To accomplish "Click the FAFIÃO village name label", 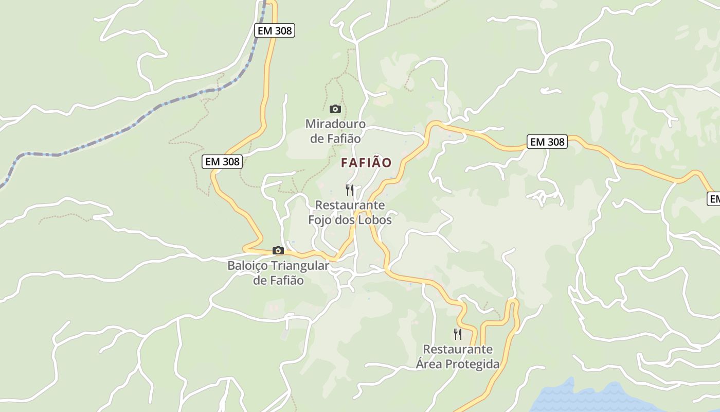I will click(366, 163).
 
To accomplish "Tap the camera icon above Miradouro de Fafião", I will click(335, 109).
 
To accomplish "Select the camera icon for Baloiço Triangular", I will click(278, 251).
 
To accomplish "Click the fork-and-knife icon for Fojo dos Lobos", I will click(350, 190).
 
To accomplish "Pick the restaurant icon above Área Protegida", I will click(458, 334).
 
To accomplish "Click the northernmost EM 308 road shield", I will click(275, 30).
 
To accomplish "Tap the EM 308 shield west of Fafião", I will click(222, 162).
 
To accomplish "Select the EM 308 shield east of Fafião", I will click(547, 142).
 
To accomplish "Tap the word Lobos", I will click(373, 220).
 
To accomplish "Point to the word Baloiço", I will click(247, 266).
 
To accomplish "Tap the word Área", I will click(428, 364).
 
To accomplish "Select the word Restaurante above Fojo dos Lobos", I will click(350, 205).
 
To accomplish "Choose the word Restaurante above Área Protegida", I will click(458, 349).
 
